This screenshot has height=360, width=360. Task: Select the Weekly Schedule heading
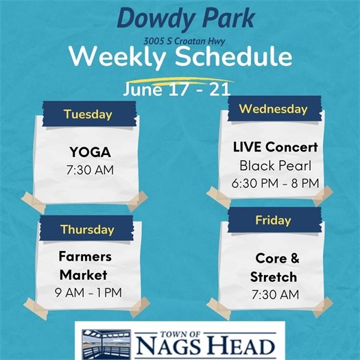pos(180,58)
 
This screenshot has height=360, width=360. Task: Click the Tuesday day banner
pos(87,114)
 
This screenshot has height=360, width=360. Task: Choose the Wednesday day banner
pos(272,109)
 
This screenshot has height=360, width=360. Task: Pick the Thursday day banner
pos(86,229)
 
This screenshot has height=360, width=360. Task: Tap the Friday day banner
pos(273,220)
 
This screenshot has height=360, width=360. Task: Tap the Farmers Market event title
pos(85,266)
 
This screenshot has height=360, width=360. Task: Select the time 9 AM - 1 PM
pos(88,292)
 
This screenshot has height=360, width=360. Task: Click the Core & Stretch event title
pos(276,268)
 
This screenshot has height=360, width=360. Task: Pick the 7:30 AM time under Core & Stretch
pos(276,294)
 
